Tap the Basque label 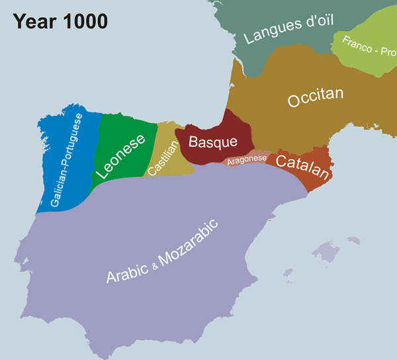click(212, 142)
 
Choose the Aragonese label click(246, 160)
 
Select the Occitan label click(316, 98)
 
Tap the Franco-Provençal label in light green click(368, 49)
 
